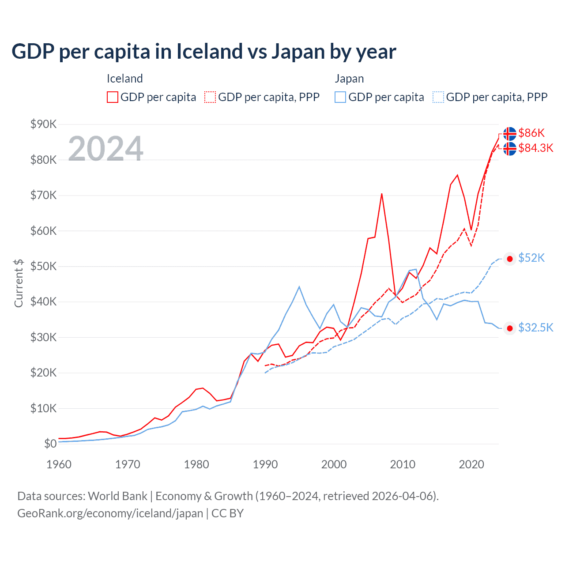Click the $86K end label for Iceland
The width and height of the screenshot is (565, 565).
531,133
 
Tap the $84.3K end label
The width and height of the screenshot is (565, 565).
535,148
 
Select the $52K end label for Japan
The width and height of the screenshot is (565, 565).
531,258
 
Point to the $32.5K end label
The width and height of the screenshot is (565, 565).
535,328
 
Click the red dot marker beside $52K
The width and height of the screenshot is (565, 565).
510,259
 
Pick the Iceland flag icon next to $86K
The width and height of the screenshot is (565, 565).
510,133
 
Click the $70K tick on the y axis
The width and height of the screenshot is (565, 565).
43,195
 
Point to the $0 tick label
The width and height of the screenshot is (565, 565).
50,444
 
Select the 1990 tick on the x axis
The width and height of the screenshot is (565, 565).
265,464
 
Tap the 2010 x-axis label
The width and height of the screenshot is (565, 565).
403,464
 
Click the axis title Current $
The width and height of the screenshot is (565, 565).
19,283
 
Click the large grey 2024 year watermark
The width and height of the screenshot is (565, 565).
105,148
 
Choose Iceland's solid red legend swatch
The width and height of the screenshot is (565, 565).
113,97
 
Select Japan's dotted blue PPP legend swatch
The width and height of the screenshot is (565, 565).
438,97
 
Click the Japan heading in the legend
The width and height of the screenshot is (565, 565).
349,79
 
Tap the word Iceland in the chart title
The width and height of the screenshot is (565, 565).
209,51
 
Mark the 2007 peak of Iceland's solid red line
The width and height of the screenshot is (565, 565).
382,193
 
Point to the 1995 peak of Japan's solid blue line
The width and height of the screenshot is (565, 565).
299,287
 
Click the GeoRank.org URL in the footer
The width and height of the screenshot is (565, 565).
110,513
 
